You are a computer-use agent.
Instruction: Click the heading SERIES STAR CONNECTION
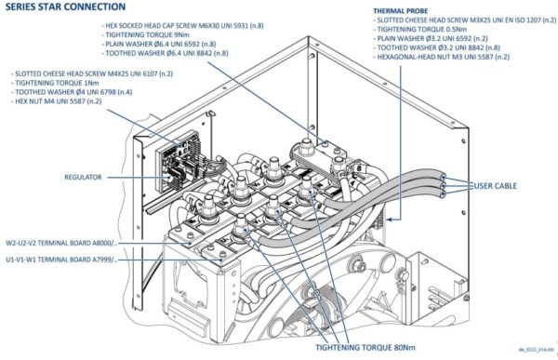pos(63,7)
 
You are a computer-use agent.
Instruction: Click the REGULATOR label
pos(90,177)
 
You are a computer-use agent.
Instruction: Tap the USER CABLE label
pos(492,187)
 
